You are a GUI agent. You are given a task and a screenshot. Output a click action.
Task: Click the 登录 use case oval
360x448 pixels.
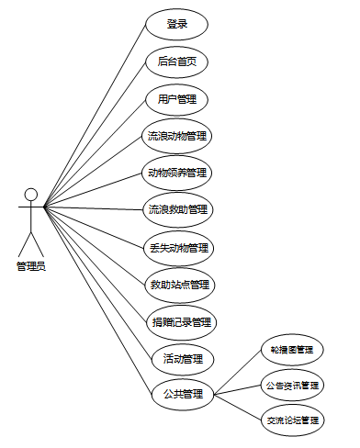[177, 25]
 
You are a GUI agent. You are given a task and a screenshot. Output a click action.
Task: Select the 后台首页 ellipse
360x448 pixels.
[177, 62]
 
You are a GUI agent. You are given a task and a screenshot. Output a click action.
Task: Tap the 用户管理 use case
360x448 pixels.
[177, 100]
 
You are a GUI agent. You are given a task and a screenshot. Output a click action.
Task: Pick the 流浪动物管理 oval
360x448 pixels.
[177, 136]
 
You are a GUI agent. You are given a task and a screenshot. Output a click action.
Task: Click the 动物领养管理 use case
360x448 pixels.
[177, 174]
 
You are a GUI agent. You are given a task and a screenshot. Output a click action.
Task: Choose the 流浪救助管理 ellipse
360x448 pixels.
[178, 210]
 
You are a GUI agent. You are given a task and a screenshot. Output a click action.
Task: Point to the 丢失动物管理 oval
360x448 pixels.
[179, 248]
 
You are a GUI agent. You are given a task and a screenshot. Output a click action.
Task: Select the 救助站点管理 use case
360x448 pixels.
[180, 286]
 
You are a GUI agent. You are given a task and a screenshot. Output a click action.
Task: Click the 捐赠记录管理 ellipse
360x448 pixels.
[182, 322]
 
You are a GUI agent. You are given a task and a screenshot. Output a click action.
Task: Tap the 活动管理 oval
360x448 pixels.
[183, 359]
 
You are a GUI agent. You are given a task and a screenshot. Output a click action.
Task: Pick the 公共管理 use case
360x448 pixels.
[183, 394]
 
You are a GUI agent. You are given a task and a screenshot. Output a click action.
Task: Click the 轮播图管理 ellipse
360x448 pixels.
[292, 350]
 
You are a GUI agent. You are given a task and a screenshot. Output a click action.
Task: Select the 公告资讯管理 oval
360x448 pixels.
[292, 386]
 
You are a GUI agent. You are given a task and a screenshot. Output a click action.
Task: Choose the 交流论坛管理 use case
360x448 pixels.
[293, 420]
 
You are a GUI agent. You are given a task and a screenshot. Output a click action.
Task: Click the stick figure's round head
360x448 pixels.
[31, 195]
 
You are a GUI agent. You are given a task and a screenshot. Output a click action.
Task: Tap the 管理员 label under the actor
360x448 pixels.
[31, 266]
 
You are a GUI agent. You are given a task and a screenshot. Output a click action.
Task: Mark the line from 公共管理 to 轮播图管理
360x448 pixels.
[238, 372]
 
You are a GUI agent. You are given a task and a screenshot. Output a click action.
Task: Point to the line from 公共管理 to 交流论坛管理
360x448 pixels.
[238, 408]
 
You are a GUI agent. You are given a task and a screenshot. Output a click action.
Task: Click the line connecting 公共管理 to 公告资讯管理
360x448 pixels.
[238, 390]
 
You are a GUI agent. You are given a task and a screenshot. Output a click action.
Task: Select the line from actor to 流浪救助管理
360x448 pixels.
[93, 208]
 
